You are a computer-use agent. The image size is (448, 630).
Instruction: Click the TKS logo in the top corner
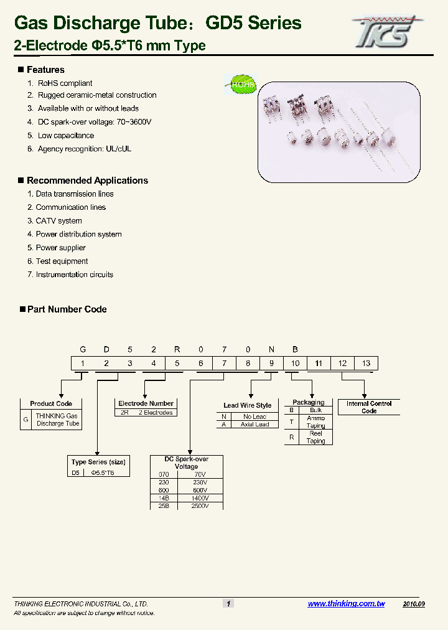pos(387,31)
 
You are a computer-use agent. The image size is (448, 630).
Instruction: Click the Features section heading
pos(45,70)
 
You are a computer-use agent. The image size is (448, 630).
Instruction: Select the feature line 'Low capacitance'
pos(65,136)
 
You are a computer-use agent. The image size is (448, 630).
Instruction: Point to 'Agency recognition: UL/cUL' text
pos(84,149)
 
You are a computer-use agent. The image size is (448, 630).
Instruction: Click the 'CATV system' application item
pos(58,221)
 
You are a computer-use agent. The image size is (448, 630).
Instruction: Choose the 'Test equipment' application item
pos(62,261)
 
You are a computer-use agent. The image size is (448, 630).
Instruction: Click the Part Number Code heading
pos(67,309)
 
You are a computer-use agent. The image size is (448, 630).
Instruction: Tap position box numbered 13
pos(366,364)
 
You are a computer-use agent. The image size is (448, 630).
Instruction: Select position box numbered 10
pos(295,364)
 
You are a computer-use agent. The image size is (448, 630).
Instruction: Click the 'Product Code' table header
pos(51,403)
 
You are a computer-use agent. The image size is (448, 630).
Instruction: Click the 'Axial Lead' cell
pos(254,425)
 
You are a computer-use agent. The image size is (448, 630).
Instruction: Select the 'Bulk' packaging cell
pos(315,411)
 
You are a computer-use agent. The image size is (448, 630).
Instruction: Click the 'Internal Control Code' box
pos(369,407)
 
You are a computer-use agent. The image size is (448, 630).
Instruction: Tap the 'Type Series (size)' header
pos(98,462)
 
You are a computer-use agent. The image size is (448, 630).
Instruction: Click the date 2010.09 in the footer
pos(414,604)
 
